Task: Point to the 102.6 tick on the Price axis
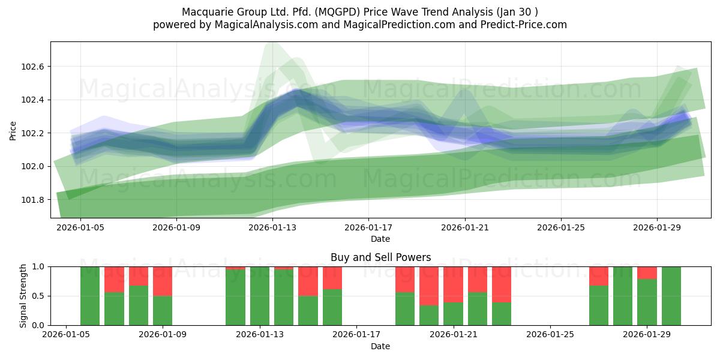(35, 67)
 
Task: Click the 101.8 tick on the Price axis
(35, 200)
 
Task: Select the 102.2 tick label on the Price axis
(35, 133)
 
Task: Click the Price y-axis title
(13, 130)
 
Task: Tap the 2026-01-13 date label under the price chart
(272, 228)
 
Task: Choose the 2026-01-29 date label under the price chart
(657, 228)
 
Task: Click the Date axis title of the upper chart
(380, 239)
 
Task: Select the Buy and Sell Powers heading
(380, 257)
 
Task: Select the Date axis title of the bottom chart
(380, 346)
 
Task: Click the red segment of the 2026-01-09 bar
(163, 281)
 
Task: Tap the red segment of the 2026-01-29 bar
(647, 272)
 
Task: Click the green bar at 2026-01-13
(260, 296)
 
